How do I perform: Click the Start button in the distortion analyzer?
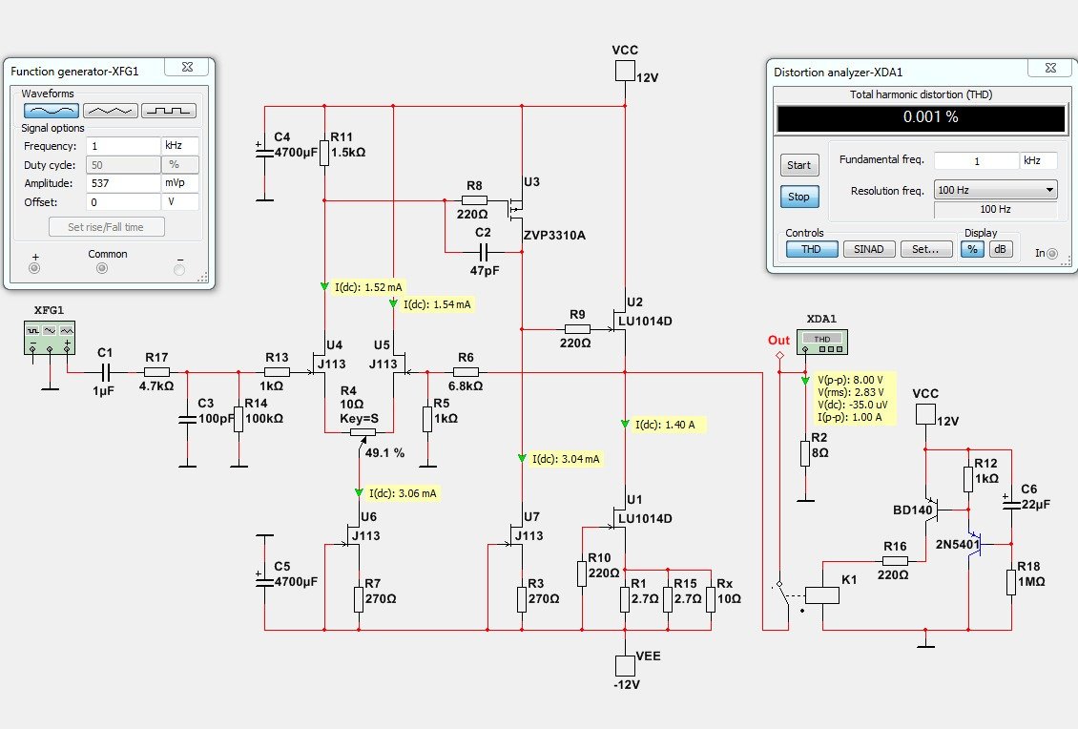tap(798, 165)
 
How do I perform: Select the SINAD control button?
tap(869, 249)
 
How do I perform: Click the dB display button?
tap(1000, 249)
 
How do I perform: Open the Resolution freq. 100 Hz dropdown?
tap(995, 190)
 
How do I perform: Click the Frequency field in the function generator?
tap(123, 146)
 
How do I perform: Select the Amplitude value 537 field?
tap(123, 182)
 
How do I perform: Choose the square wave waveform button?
tap(169, 110)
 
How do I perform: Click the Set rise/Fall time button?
tap(107, 226)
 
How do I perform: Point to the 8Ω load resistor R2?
tap(806, 453)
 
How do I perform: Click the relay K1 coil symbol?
tap(822, 594)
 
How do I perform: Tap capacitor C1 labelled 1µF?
tap(105, 372)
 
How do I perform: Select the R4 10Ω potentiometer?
tap(359, 431)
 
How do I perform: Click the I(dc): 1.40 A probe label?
tap(670, 424)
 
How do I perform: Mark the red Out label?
tap(778, 341)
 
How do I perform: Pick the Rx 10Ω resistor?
tap(711, 599)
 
